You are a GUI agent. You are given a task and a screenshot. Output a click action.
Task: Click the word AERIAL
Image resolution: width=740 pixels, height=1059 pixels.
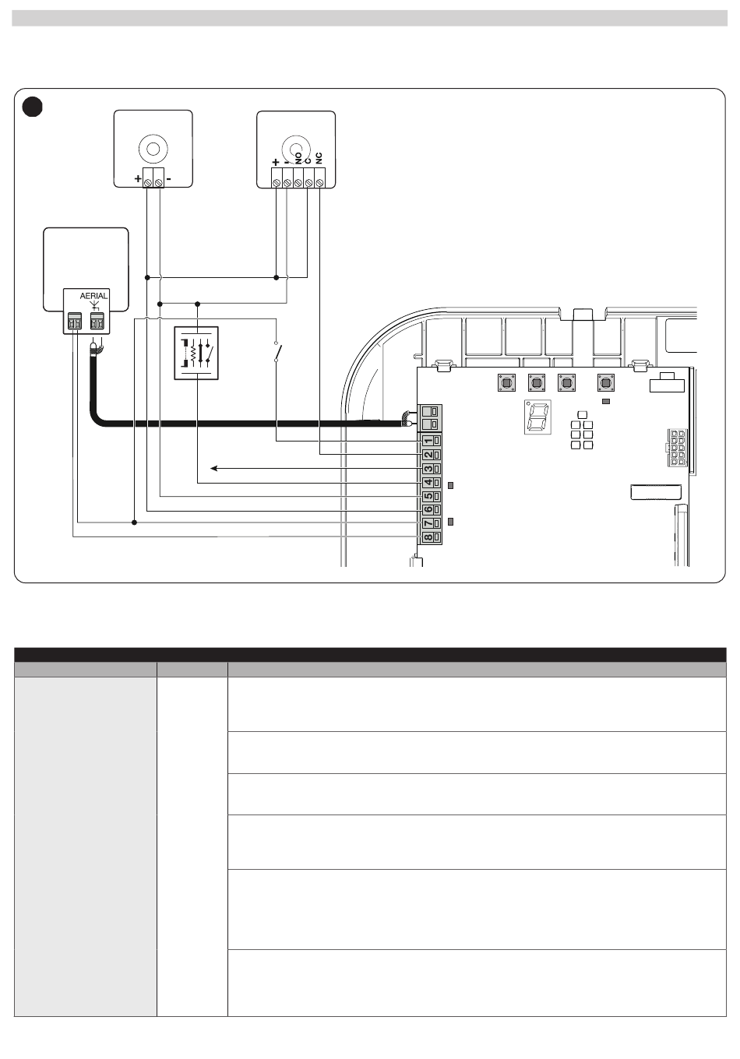93,296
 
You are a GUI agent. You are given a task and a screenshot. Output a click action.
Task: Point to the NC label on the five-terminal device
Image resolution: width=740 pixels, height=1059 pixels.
319,158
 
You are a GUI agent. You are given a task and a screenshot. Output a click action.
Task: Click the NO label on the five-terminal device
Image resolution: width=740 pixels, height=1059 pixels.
298,158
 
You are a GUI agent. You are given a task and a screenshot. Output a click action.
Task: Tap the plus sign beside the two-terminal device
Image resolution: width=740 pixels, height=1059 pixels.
138,179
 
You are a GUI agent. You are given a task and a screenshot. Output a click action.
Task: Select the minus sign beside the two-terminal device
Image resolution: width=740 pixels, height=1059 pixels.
169,179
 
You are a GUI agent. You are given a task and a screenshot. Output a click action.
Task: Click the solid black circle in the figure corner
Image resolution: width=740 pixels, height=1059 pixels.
33,107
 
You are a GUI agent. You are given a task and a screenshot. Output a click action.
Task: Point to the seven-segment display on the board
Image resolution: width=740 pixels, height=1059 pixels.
537,417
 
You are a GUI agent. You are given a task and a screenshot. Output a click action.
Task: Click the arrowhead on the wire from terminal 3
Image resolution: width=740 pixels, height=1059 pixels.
213,469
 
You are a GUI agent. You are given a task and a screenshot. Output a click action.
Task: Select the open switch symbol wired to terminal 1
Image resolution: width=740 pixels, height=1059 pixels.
278,352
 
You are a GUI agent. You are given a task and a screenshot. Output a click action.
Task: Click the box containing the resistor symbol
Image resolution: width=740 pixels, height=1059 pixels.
196,354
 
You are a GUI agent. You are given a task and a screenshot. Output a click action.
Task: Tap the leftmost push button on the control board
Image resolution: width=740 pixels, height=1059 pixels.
506,382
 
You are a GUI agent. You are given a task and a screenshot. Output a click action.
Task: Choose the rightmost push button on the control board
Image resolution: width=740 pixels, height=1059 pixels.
606,382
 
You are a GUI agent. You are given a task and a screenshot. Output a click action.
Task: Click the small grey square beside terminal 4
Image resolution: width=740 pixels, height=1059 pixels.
450,485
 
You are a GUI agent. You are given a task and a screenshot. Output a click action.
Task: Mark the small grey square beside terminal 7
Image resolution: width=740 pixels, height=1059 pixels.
450,522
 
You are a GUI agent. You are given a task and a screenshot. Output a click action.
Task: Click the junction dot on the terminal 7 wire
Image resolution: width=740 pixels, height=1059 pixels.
134,522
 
